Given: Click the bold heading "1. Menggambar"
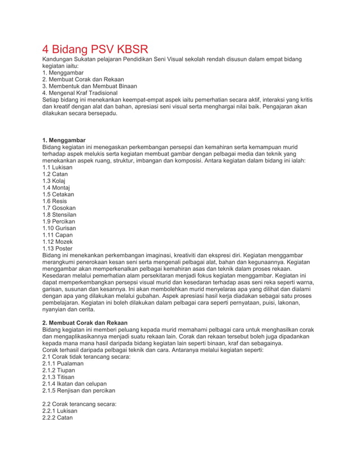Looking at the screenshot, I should pyautogui.click(x=64, y=139).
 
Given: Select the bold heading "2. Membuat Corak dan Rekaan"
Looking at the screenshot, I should pyautogui.click(x=85, y=323).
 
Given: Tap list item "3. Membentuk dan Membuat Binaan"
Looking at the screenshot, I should pyautogui.click(x=90, y=86).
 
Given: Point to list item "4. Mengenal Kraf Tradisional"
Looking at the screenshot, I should pyautogui.click(x=80, y=93).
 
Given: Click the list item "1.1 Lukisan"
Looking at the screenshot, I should pyautogui.click(x=58, y=167).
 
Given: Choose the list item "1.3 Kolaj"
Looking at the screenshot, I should pyautogui.click(x=55, y=181).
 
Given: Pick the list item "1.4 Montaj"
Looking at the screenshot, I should pyautogui.click(x=56, y=187).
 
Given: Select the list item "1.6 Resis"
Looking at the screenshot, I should pyautogui.click(x=55, y=201).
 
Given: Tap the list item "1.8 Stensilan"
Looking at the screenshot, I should pyautogui.click(x=59, y=214).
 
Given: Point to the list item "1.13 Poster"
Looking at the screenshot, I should pyautogui.click(x=58, y=248).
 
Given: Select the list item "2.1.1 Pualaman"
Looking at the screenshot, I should pyautogui.click(x=63, y=363).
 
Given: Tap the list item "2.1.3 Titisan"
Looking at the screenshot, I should pyautogui.click(x=59, y=377).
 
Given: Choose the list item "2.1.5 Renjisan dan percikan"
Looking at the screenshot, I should pyautogui.click(x=78, y=390).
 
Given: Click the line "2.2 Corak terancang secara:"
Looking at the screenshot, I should pyautogui.click(x=80, y=404).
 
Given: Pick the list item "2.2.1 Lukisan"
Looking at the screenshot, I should pyautogui.click(x=60, y=411).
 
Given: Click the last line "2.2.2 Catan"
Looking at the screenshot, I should pyautogui.click(x=58, y=417).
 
